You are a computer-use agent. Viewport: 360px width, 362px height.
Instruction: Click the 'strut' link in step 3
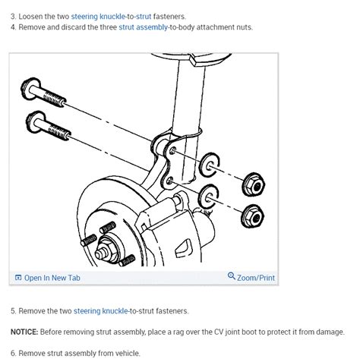(x=144, y=15)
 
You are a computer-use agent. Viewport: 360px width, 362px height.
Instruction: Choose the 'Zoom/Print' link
(x=255, y=278)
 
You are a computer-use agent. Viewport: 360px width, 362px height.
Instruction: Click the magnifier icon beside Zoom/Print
(x=232, y=277)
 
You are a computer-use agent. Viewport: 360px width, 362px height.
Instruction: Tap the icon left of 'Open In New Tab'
(x=18, y=278)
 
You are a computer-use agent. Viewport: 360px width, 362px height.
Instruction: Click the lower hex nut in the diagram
(x=251, y=216)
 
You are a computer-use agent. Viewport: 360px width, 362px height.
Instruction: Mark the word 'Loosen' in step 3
(x=33, y=15)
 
